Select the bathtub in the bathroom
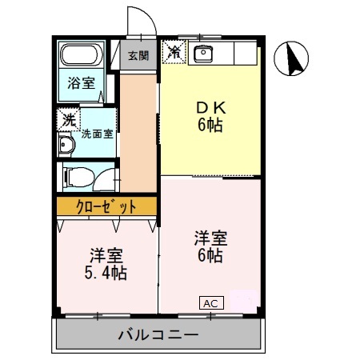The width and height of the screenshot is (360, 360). click(81, 57)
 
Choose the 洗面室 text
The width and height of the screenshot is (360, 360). click(98, 134)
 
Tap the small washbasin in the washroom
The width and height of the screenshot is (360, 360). click(66, 145)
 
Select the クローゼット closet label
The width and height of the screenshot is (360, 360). click(106, 206)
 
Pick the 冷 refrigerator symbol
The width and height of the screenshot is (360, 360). click(173, 53)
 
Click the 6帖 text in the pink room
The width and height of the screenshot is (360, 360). click(211, 255)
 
